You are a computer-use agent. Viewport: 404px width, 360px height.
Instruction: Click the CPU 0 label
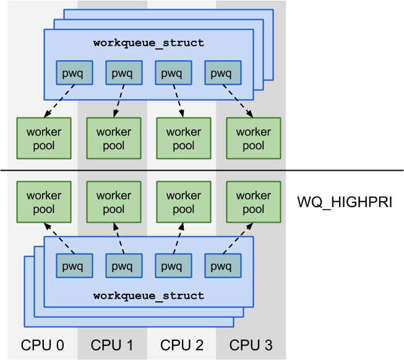43,345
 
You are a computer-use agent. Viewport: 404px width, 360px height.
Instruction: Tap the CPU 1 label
113,345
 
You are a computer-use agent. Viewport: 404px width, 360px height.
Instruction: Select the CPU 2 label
183,345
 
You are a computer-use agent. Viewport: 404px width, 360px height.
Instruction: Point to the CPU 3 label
252,345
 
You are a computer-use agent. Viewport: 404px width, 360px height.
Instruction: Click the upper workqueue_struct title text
148,43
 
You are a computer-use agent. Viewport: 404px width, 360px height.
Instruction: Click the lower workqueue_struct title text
148,296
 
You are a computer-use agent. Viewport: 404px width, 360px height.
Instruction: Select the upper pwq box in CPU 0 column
74,74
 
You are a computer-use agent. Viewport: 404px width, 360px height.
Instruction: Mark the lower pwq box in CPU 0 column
74,266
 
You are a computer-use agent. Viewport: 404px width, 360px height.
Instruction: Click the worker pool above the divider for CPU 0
44,139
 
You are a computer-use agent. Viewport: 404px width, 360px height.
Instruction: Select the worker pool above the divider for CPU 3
253,139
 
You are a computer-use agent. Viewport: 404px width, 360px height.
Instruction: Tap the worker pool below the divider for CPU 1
113,202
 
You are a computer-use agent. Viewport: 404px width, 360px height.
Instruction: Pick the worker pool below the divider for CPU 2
183,202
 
